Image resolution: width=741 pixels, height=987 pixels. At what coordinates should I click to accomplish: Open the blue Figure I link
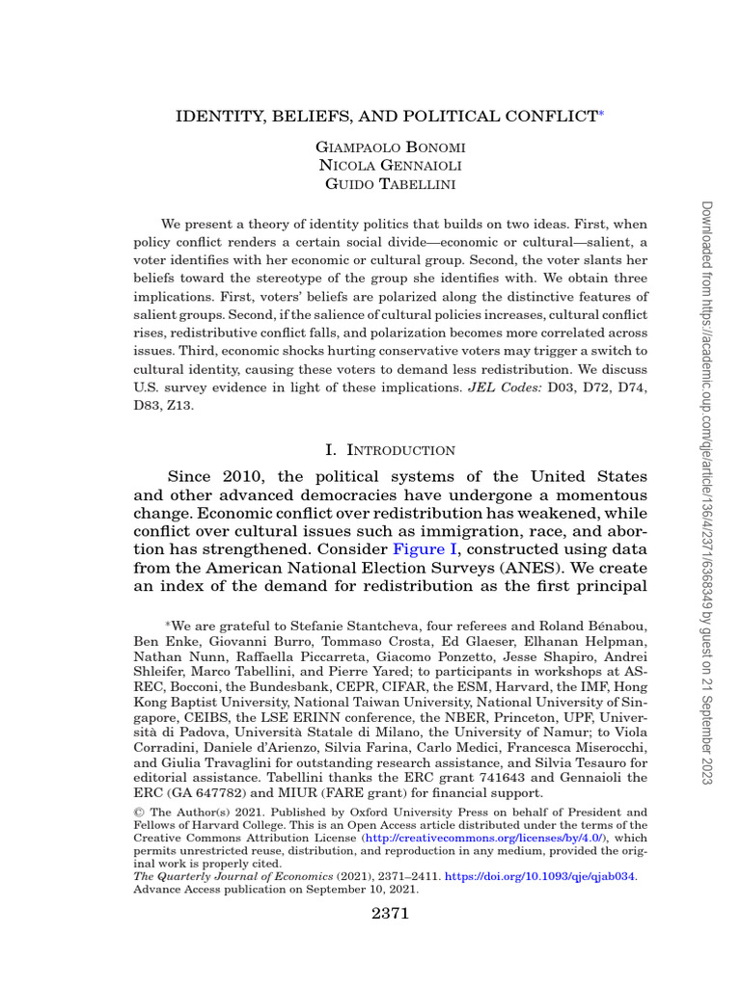pos(424,550)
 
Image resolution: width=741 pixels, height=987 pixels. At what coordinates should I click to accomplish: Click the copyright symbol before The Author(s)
pos(137,813)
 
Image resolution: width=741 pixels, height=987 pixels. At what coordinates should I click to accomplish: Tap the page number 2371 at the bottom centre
pos(390,914)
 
